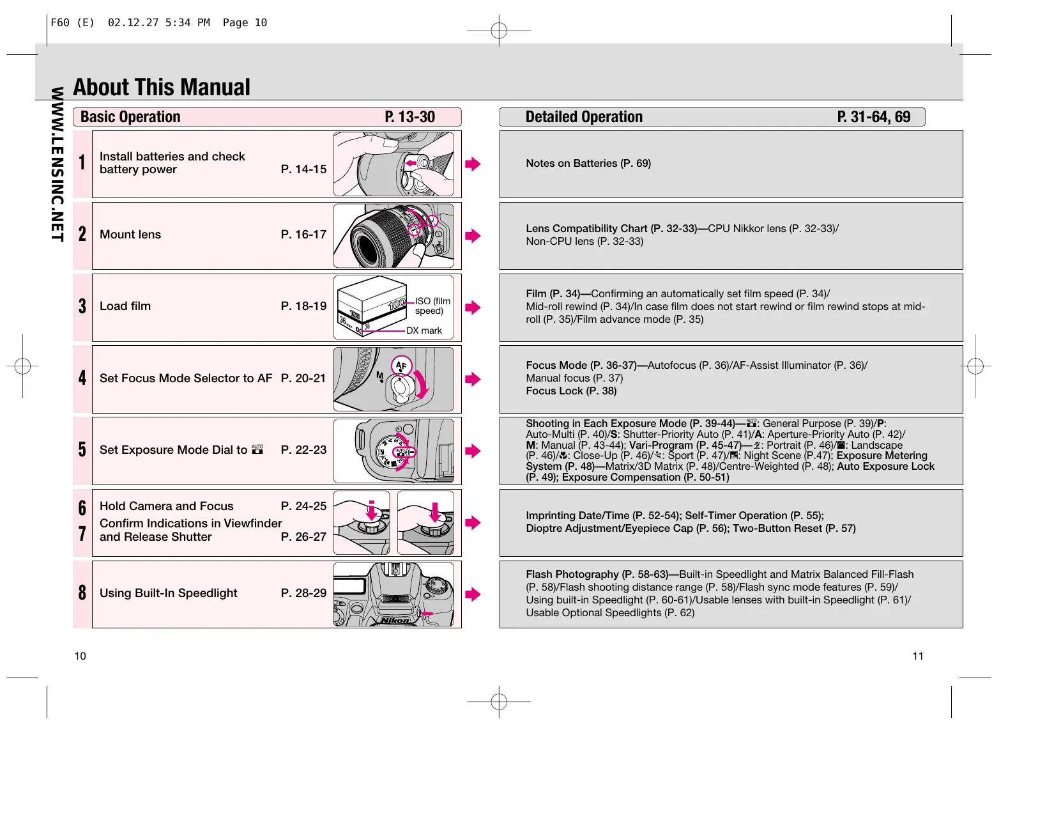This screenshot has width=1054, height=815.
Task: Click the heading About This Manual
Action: coord(162,88)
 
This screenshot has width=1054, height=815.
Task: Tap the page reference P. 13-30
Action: coord(409,117)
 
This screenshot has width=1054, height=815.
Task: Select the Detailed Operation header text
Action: coord(584,117)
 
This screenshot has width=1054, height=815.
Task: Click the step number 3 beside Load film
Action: coord(82,306)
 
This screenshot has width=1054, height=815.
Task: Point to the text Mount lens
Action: coord(130,235)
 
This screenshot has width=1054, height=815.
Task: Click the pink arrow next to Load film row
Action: coord(473,307)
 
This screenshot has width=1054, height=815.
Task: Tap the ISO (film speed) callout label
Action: coord(432,306)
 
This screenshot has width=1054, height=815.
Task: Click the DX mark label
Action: coord(424,330)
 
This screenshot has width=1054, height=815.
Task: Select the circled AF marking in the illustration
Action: coord(401,366)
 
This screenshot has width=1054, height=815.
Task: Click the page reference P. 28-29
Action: coord(303,593)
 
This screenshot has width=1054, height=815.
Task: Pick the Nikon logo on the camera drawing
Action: coord(395,620)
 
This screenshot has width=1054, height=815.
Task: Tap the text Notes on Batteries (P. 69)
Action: coord(588,164)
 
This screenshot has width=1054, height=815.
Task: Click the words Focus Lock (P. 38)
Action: coord(571,391)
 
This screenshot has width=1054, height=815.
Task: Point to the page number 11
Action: coord(918,656)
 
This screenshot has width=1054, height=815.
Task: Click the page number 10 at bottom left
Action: coord(80,656)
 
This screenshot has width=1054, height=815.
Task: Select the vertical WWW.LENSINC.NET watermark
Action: coord(57,164)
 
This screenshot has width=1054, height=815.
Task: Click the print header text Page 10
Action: coord(245,23)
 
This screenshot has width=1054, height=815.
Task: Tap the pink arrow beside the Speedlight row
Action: coord(473,594)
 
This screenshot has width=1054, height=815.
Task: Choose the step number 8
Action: coord(82,593)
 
